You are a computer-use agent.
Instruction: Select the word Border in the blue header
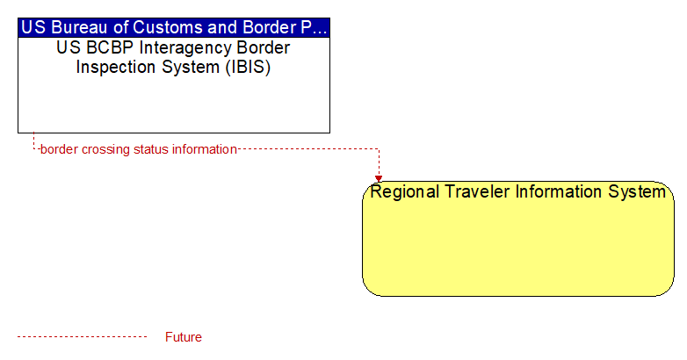[268, 27]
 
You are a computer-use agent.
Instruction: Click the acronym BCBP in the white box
[110, 47]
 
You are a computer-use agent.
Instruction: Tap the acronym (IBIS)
[248, 68]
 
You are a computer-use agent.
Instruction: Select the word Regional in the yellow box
[404, 192]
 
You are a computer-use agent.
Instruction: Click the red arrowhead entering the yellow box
[379, 179]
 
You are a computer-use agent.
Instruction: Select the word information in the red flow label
[205, 149]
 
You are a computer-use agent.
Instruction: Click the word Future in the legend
[184, 337]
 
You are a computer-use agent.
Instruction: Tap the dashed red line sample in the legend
[82, 337]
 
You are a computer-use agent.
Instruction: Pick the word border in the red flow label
[59, 149]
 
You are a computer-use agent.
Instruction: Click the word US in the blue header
[33, 27]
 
